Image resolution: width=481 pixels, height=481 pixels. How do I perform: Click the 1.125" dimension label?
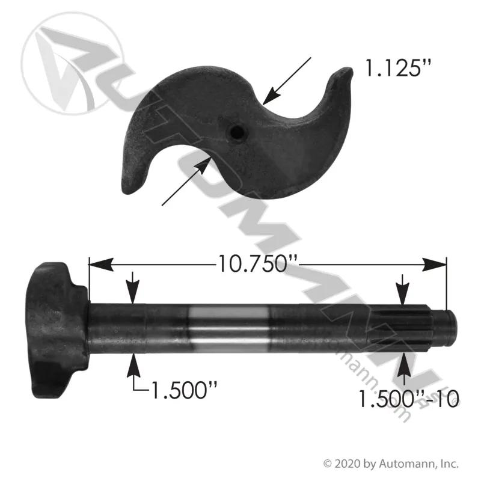398,68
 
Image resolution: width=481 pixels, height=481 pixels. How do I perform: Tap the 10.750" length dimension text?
258,264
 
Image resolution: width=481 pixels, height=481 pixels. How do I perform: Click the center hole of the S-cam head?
237,132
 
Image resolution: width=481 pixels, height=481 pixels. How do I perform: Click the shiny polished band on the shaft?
229,328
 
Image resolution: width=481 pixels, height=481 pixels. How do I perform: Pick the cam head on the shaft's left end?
57,330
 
